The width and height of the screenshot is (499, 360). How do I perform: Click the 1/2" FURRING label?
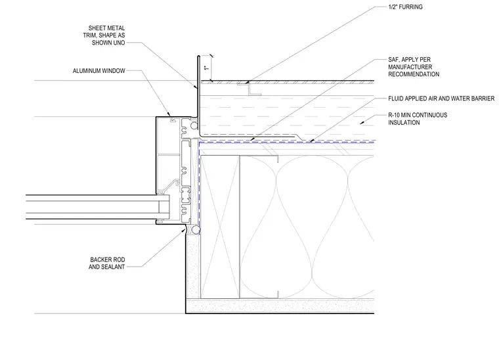pyautogui.click(x=405, y=7)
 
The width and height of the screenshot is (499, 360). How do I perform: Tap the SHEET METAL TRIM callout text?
pyautogui.click(x=104, y=35)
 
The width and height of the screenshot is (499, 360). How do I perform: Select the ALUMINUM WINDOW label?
pyautogui.click(x=98, y=71)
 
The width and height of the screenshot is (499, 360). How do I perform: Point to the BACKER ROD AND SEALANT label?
pyautogui.click(x=106, y=263)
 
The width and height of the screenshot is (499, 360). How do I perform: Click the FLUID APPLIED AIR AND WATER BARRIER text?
pyautogui.click(x=441, y=99)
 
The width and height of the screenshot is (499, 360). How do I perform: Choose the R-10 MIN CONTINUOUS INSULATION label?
pyautogui.click(x=418, y=119)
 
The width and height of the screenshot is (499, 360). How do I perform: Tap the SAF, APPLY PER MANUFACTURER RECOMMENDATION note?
pyautogui.click(x=414, y=67)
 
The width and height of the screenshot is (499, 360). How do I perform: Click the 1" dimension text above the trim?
pyautogui.click(x=207, y=67)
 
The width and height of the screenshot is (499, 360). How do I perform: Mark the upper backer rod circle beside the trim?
pyautogui.click(x=194, y=125)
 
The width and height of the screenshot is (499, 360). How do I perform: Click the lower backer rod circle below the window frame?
pyautogui.click(x=196, y=230)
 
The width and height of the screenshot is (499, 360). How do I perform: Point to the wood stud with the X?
pyautogui.click(x=220, y=227)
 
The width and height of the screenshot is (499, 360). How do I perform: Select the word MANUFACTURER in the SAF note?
pyautogui.click(x=410, y=67)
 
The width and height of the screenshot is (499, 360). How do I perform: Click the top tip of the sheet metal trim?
pyautogui.click(x=198, y=56)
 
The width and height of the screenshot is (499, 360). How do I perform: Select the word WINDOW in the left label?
pyautogui.click(x=114, y=71)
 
